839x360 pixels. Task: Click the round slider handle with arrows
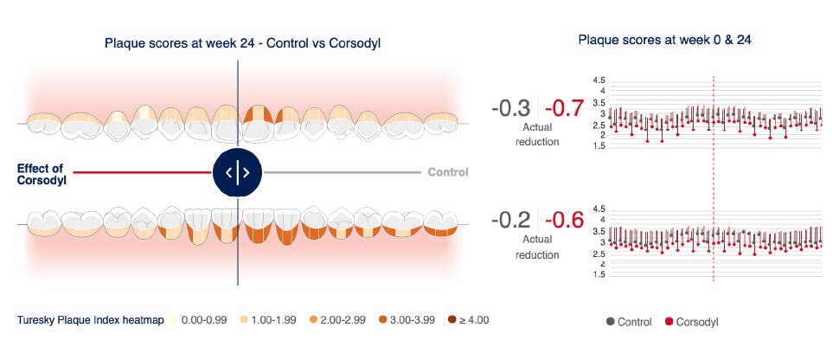(237, 172)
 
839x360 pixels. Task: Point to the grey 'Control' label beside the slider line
(448, 172)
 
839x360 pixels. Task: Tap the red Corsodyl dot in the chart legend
(669, 322)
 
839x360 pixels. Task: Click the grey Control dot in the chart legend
(611, 322)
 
